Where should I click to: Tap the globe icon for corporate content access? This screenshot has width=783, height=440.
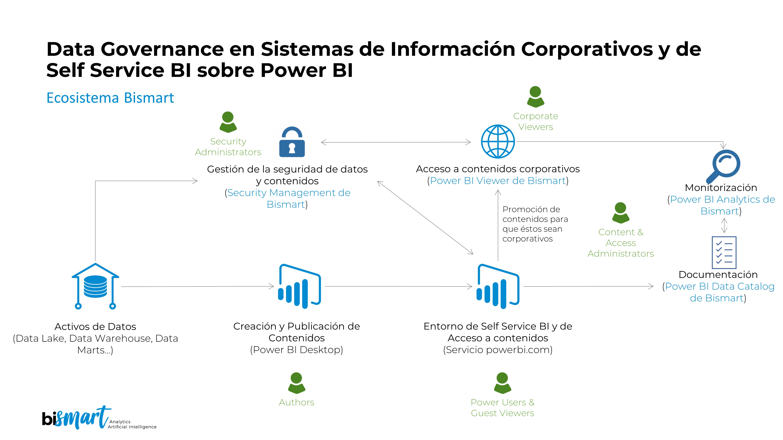498,142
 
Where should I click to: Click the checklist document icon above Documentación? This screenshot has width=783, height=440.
724,252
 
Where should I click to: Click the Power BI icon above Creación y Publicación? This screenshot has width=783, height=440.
299,286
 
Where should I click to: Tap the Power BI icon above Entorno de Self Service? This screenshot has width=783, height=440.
498,286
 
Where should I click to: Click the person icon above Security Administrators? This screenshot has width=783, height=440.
228,122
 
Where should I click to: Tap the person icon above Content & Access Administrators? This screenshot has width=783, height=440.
620,213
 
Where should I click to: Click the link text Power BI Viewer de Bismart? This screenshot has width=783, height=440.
498,181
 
